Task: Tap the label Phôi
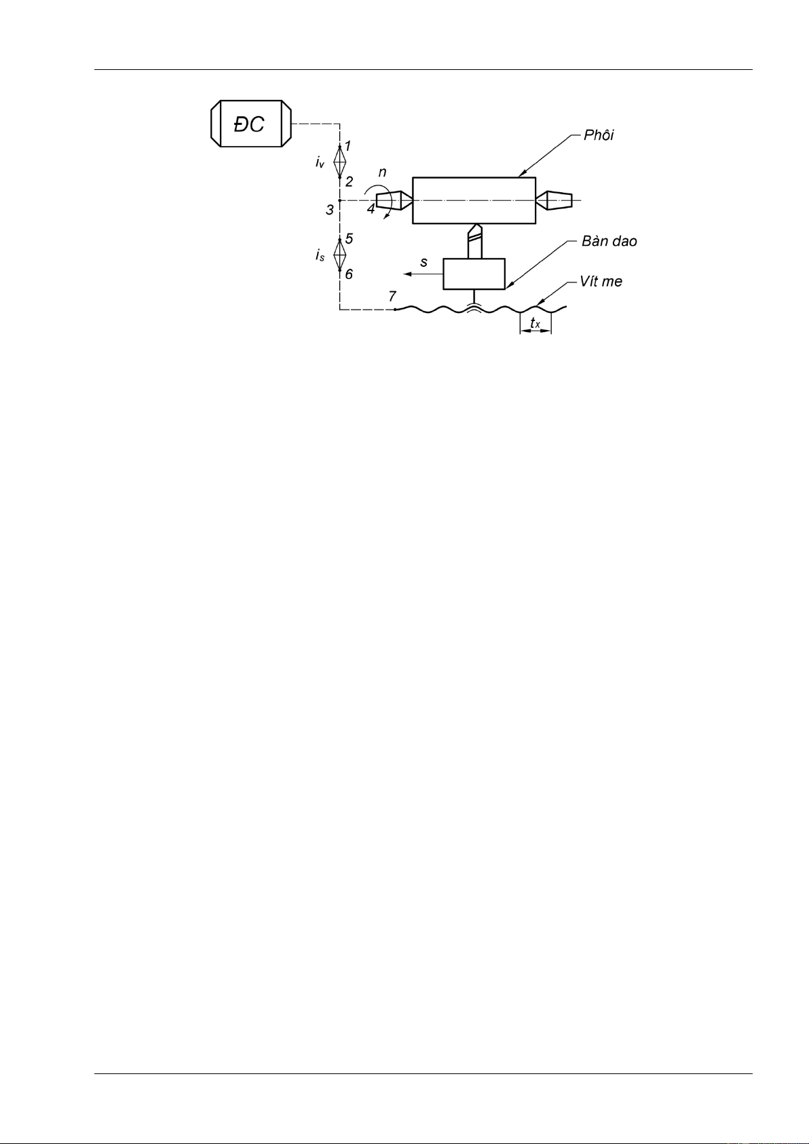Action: click(599, 135)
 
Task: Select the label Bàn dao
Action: click(609, 242)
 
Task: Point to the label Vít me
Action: click(601, 281)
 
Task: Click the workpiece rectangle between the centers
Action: click(474, 200)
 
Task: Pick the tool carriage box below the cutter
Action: click(474, 274)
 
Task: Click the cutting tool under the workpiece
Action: click(474, 241)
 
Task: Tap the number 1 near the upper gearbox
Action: click(347, 146)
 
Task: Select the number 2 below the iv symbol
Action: click(349, 182)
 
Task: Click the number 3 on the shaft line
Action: click(330, 210)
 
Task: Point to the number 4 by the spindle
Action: click(371, 209)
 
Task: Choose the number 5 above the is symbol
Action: click(349, 239)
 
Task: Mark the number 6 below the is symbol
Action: click(349, 274)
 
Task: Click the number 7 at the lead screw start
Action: click(392, 297)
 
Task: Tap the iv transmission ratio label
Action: click(320, 162)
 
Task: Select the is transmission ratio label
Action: click(320, 255)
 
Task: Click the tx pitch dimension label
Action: click(535, 323)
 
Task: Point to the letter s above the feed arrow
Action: click(424, 262)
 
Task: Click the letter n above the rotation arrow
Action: click(383, 172)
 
